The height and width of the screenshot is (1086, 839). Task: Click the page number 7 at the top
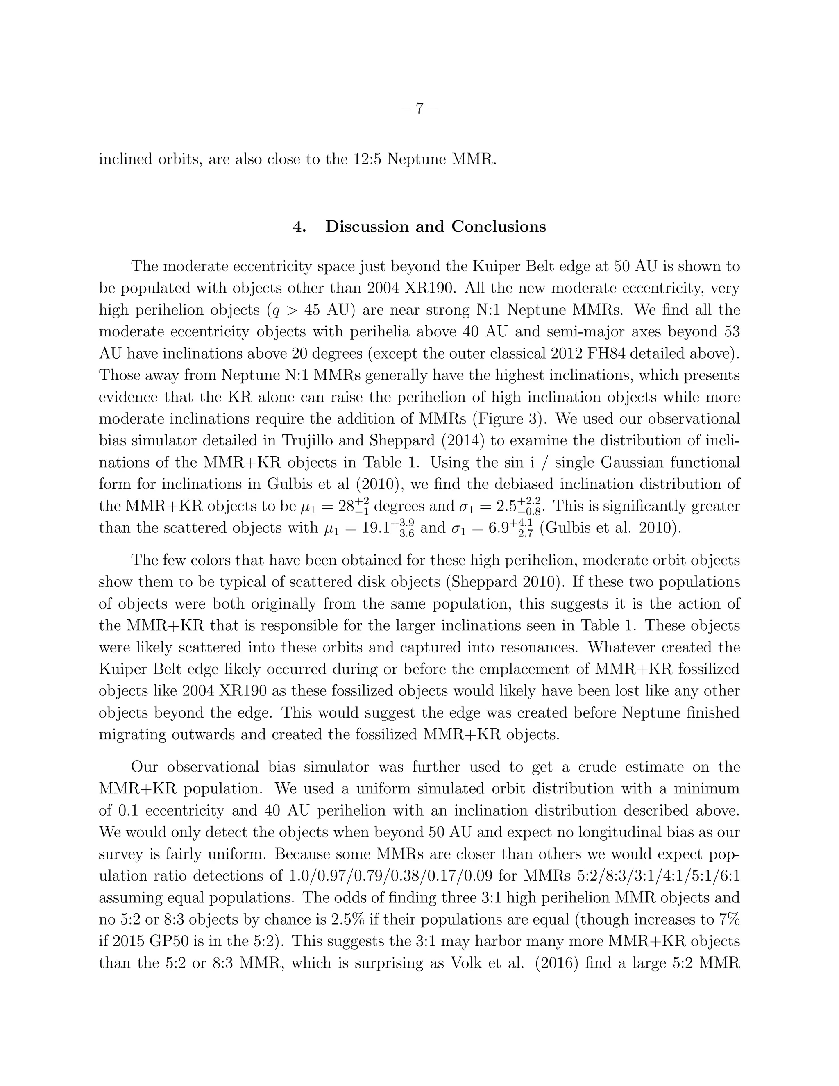pyautogui.click(x=419, y=109)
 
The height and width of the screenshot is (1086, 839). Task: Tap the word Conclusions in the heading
pyautogui.click(x=499, y=227)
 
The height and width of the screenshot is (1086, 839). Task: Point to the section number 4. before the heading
pyautogui.click(x=299, y=227)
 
